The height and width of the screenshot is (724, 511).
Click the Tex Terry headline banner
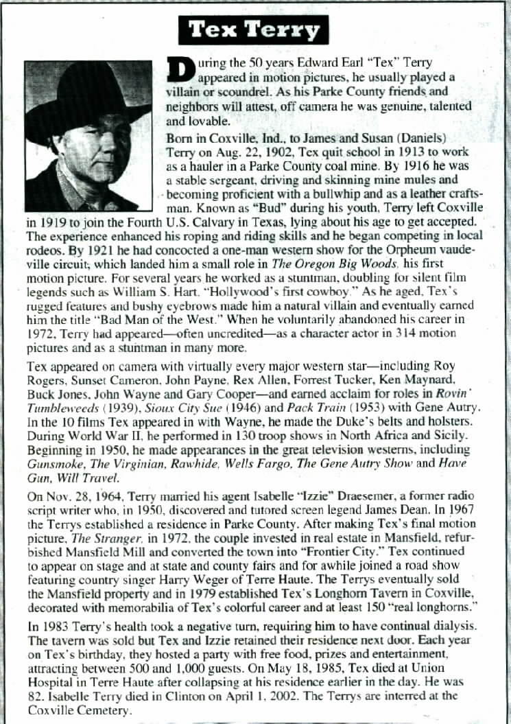pyautogui.click(x=254, y=30)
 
